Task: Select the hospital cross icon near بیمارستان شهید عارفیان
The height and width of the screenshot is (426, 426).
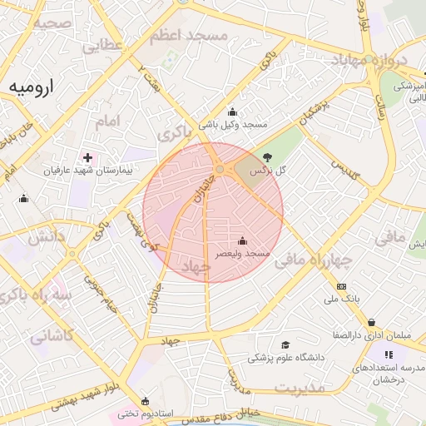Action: [x=87, y=157]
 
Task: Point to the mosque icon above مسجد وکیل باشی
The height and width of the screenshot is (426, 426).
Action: [x=232, y=112]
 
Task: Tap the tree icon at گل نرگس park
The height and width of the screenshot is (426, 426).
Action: [x=267, y=156]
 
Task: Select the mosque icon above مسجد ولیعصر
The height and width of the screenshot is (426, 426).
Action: [x=242, y=240]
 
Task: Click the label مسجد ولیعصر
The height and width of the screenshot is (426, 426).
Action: [x=244, y=253]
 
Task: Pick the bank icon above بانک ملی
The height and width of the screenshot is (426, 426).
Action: [x=341, y=285]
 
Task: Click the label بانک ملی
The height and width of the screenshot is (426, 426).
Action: [x=341, y=298]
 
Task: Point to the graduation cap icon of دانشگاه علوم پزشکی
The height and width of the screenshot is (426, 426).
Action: [x=285, y=345]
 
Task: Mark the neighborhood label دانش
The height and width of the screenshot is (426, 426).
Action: [x=47, y=237]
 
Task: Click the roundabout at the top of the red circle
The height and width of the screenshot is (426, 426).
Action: [x=219, y=170]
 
